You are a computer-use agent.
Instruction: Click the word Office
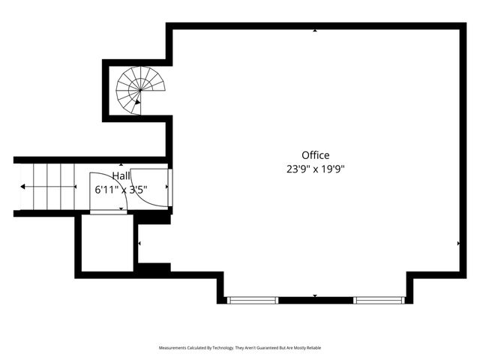point(316,155)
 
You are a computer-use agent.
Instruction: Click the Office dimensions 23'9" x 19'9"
point(316,169)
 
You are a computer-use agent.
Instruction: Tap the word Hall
point(121,175)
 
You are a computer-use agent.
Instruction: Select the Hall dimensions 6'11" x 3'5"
point(120,190)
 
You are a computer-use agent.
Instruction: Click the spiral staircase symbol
point(139,90)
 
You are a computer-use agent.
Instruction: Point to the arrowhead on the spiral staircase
point(138,100)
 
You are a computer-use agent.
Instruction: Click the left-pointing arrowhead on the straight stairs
point(23,187)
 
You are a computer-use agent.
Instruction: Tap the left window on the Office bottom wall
point(253,300)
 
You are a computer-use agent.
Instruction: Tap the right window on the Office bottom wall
point(379,300)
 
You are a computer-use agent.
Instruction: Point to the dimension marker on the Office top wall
point(315,31)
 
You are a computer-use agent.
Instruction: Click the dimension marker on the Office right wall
point(458,243)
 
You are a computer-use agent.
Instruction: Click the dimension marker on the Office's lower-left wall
point(139,243)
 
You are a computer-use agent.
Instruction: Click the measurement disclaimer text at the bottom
point(239,348)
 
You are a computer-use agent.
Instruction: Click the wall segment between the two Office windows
point(316,300)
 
